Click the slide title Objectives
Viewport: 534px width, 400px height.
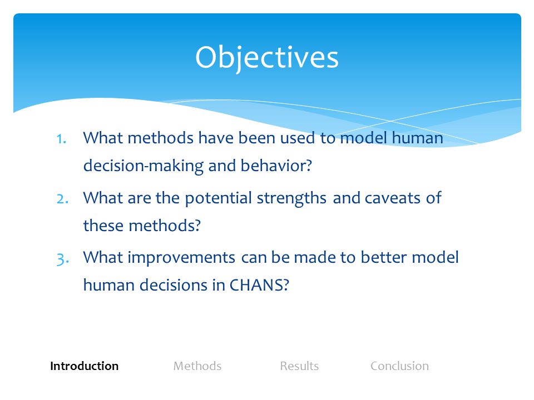(x=266, y=57)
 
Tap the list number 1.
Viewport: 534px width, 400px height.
(x=61, y=139)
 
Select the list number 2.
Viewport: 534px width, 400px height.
(x=62, y=199)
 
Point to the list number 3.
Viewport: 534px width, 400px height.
(x=63, y=259)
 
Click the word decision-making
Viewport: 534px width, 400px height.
(x=144, y=166)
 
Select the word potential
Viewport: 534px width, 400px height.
(x=218, y=198)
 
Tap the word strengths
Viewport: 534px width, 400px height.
(x=291, y=198)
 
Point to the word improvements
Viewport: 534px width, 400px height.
(x=181, y=258)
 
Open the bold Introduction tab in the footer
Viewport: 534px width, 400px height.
(x=85, y=366)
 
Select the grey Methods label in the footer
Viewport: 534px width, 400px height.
(x=197, y=366)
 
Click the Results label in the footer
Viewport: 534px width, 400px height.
(x=299, y=366)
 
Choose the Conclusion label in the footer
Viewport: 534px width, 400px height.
(x=400, y=366)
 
